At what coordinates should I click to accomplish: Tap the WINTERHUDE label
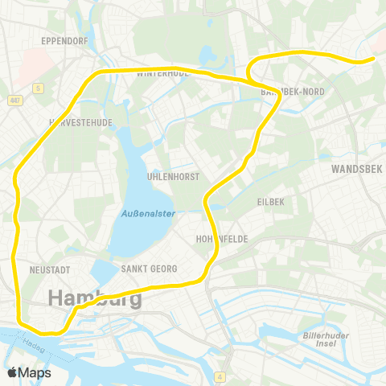(x=162, y=74)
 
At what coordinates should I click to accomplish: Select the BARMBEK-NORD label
(x=294, y=92)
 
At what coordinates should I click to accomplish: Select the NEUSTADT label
(x=49, y=269)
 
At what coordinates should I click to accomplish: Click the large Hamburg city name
(x=95, y=298)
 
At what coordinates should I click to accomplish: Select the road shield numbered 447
(x=15, y=101)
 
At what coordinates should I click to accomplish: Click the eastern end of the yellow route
(x=373, y=58)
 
